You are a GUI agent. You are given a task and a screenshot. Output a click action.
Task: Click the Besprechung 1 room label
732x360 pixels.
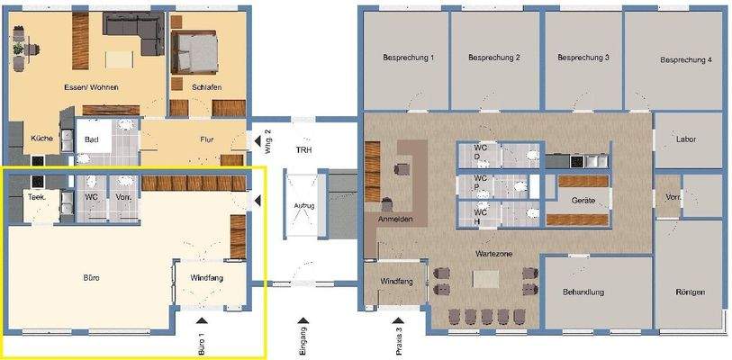(408, 58)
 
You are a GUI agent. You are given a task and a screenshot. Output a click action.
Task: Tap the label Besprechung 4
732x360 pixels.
(686, 60)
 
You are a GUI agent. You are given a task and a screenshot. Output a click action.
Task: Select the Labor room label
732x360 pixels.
(686, 139)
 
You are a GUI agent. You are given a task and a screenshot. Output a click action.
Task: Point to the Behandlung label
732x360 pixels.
(583, 292)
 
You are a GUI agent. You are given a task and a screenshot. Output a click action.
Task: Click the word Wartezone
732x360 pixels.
(494, 255)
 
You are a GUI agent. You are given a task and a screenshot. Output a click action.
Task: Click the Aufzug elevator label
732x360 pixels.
(304, 205)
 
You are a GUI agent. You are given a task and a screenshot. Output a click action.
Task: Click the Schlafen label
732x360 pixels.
(206, 87)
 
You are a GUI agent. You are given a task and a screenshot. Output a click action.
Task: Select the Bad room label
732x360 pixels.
(92, 140)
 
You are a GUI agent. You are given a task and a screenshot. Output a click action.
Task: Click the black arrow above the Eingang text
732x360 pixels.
(303, 319)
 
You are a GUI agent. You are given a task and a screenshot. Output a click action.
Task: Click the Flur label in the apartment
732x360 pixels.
(207, 139)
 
